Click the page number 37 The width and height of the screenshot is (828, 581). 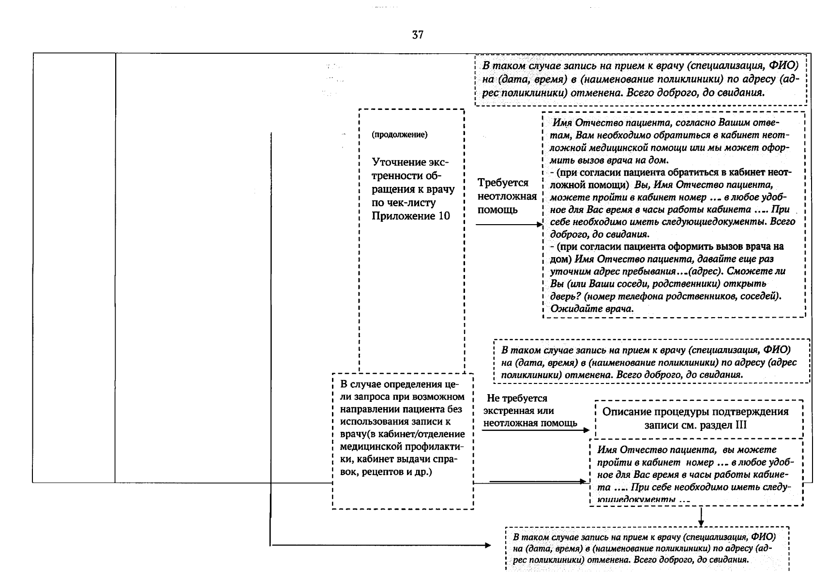[x=418, y=35]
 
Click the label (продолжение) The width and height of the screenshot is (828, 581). [x=399, y=135]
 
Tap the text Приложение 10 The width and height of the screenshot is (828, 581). [x=410, y=216]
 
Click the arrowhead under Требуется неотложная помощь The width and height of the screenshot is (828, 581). [x=540, y=225]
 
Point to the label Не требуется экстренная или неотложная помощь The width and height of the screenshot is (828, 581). [x=529, y=411]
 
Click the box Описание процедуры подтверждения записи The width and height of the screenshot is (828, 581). [x=695, y=418]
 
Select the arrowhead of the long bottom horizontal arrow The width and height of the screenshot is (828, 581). [x=488, y=546]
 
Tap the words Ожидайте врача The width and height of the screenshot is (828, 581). [x=592, y=308]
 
